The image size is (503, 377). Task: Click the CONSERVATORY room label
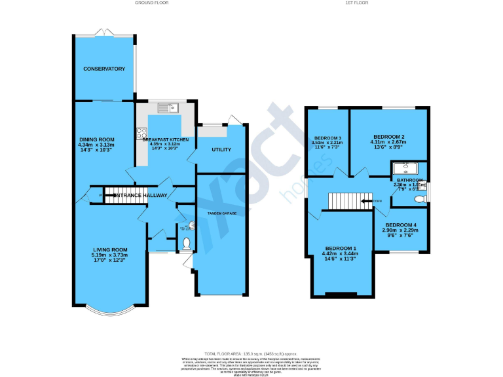tap(103, 69)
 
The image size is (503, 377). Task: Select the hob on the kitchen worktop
tap(141, 134)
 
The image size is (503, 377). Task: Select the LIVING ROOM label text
tap(109, 249)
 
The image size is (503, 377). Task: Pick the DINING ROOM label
tap(97, 139)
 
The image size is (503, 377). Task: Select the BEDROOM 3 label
tap(327, 137)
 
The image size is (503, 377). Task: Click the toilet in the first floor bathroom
tap(422, 195)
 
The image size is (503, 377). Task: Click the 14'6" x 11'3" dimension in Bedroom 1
tap(339, 259)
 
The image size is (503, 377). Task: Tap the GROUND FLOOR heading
tap(152, 3)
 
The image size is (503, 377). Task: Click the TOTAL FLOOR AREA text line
tap(251, 353)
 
